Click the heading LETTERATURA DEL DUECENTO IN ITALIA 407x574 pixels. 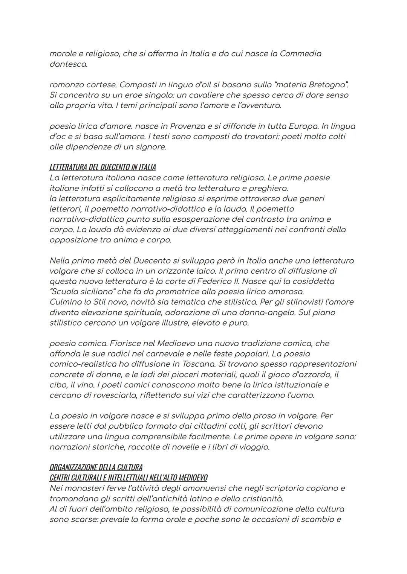103,167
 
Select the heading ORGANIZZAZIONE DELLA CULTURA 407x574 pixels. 96,467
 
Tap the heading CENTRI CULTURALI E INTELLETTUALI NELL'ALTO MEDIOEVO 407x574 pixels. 128,478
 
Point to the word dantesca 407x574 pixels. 68,64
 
